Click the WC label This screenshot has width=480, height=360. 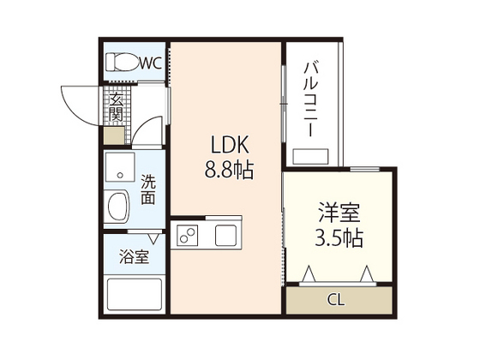(x=150, y=62)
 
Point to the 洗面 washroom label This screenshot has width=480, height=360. (x=148, y=189)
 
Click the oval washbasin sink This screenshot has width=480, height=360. (x=117, y=207)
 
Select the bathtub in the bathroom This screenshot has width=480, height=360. (x=134, y=296)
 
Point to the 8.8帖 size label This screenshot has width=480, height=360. (x=227, y=170)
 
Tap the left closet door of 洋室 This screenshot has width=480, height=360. (x=313, y=275)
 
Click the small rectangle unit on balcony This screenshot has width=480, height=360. (x=314, y=157)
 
